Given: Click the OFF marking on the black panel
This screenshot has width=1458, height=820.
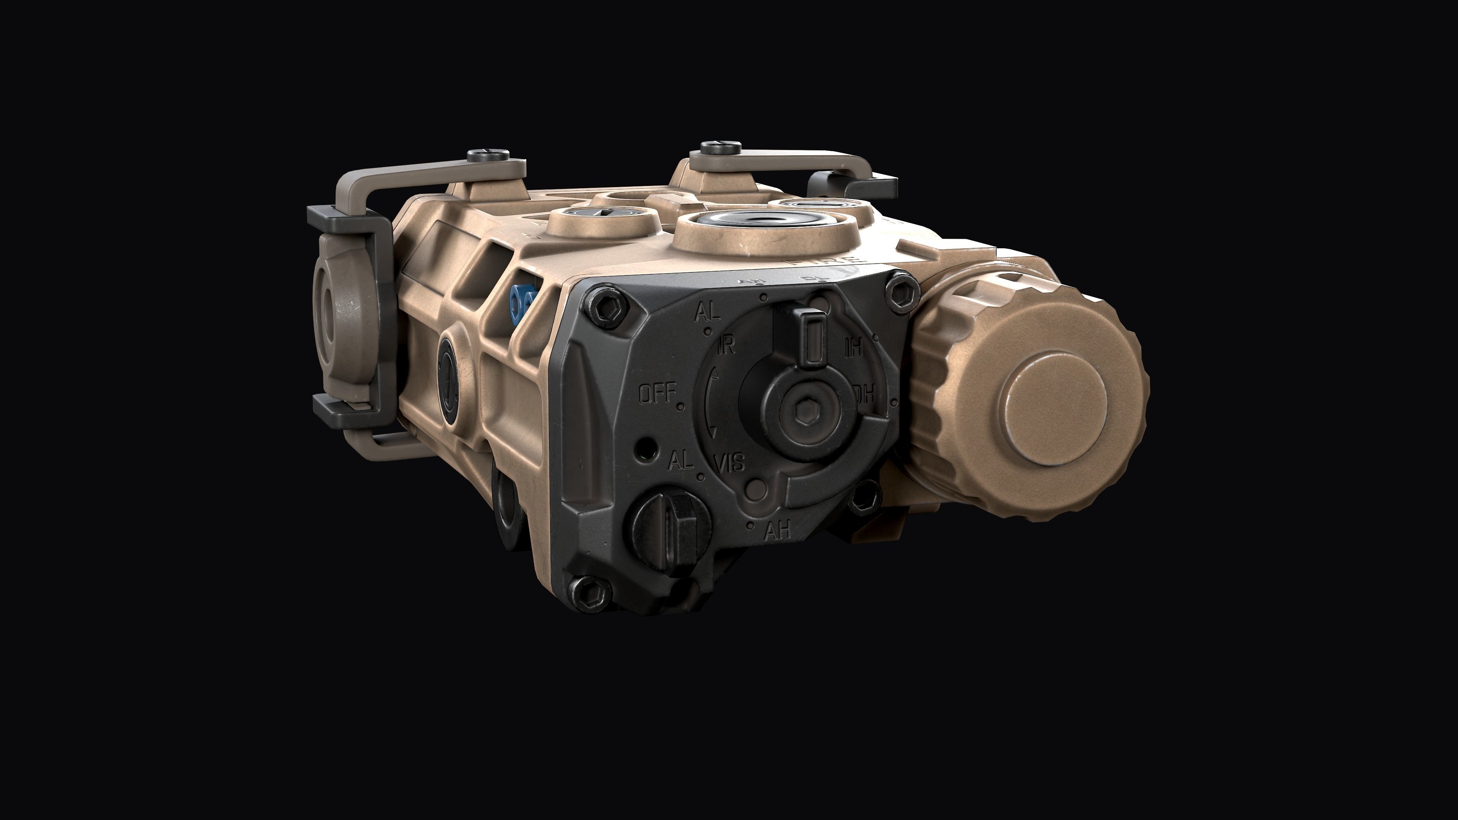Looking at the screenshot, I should (x=658, y=394).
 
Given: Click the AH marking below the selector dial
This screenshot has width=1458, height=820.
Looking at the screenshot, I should (x=776, y=531).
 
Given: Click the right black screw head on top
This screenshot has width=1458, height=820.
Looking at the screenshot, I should (x=721, y=147).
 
